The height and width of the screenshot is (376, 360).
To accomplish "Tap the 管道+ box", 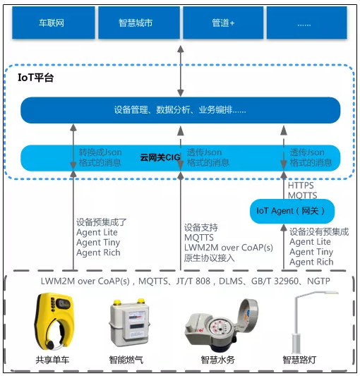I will pos(223,23).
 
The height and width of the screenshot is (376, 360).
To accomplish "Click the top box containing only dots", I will pos(304,23).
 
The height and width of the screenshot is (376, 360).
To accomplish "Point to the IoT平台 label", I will pos(35,78).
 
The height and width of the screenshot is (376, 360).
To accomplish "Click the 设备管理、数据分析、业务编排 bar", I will pos(180,111).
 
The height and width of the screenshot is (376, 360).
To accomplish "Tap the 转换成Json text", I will pos(99,152).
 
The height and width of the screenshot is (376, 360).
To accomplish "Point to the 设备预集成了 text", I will pos(100,222).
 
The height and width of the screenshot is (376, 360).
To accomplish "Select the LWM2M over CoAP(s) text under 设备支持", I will pos(228,248).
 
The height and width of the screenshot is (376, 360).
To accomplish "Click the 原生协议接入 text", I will pos(209,257).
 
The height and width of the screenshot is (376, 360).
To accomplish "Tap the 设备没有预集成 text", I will pos(319,231).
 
